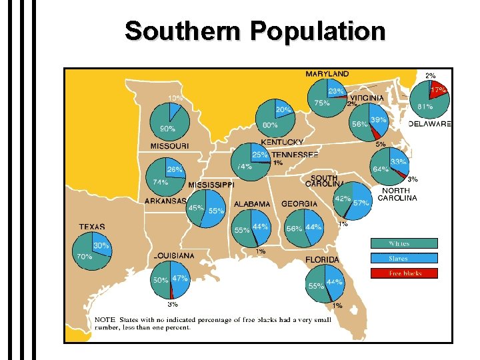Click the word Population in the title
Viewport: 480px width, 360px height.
[x=317, y=31]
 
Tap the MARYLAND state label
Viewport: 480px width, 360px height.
[x=327, y=73]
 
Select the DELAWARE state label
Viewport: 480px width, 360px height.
[x=429, y=124]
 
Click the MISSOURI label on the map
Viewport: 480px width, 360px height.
[x=169, y=146]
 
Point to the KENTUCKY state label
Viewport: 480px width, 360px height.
[x=282, y=142]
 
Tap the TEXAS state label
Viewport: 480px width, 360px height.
[x=92, y=227]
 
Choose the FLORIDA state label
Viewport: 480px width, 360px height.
[x=323, y=260]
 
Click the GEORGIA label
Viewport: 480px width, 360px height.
[x=299, y=204]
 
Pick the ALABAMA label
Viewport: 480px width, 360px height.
[x=252, y=204]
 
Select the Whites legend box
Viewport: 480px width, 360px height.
[x=404, y=244]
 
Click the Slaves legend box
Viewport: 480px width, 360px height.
[x=404, y=259]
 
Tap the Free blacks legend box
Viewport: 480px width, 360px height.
[x=404, y=273]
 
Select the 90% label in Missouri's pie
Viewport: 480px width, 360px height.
[x=167, y=128]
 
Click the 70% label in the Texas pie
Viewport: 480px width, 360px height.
[x=85, y=256]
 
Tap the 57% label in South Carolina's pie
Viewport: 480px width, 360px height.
[x=361, y=203]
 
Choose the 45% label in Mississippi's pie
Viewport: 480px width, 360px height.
[x=195, y=208]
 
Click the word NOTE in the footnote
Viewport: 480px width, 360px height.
[x=105, y=321]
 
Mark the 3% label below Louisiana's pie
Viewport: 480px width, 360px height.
[x=173, y=304]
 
